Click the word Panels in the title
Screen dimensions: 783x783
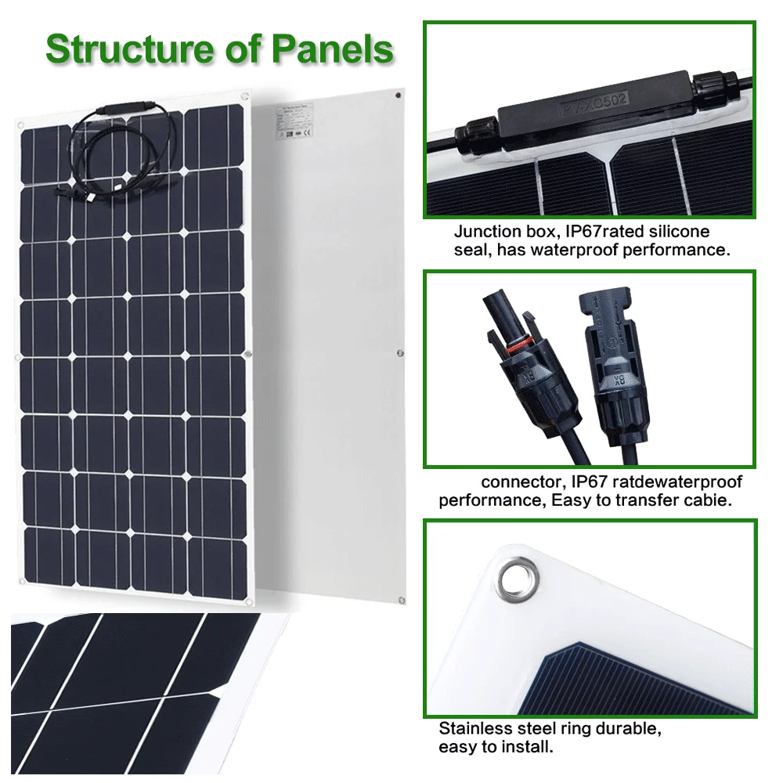332,49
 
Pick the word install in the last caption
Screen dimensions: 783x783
528,748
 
